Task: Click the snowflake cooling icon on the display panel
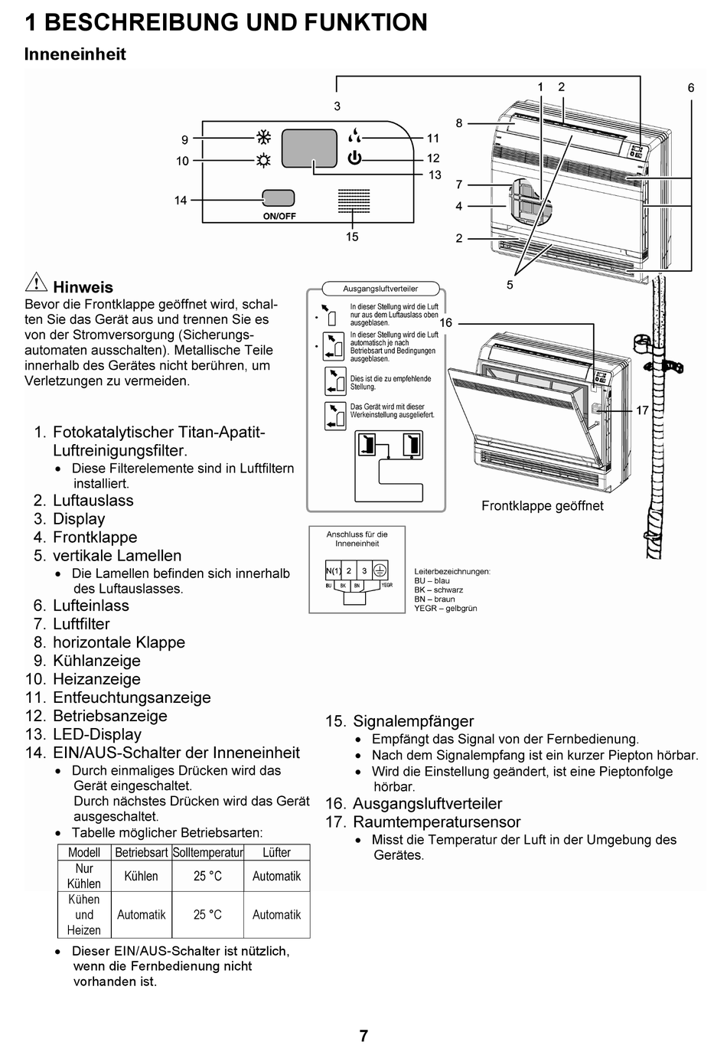coord(263,138)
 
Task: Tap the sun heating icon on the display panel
coord(263,160)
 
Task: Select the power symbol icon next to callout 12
coord(354,158)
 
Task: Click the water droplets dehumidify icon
coord(354,136)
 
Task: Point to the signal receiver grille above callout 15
coord(354,201)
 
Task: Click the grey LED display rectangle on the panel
coord(309,148)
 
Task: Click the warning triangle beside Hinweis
coord(36,283)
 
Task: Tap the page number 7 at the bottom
coord(363,1036)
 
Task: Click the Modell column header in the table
coord(84,852)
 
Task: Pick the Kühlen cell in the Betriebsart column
coord(142,876)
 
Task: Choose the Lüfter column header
coord(276,852)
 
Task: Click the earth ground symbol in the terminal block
coord(380,570)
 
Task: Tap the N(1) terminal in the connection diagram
coord(334,570)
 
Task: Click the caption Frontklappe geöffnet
coord(542,506)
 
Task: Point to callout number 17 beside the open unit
coord(642,410)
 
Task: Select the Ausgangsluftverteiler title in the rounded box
coord(380,289)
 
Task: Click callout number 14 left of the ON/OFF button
coord(181,201)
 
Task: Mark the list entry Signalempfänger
coord(413,721)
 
